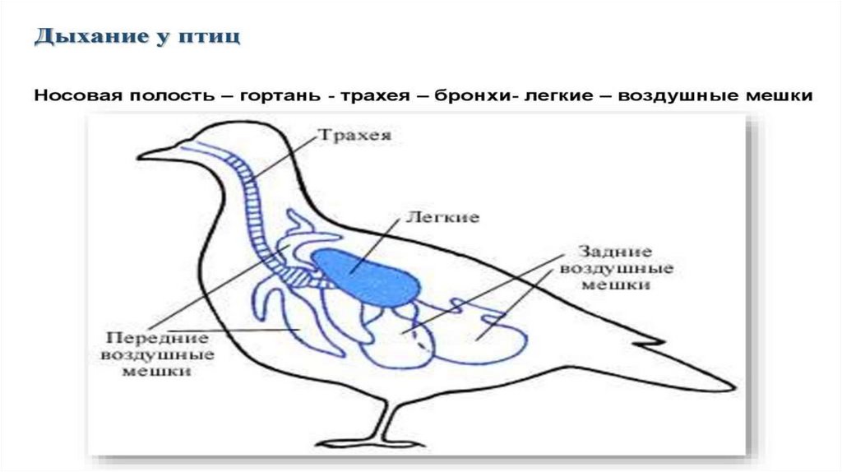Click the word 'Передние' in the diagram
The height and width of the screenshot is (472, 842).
pos(156,338)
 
